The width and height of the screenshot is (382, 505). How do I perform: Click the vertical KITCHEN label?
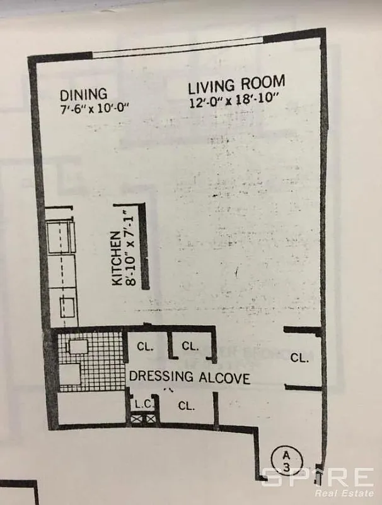click(117, 259)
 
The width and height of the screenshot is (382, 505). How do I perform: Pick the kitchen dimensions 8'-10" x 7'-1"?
click(130, 247)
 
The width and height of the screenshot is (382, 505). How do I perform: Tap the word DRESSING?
click(161, 377)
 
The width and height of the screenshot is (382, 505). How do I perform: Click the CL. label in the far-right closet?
click(299, 357)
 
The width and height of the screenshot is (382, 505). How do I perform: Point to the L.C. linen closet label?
click(140, 403)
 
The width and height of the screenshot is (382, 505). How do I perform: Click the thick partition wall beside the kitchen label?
click(144, 246)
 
